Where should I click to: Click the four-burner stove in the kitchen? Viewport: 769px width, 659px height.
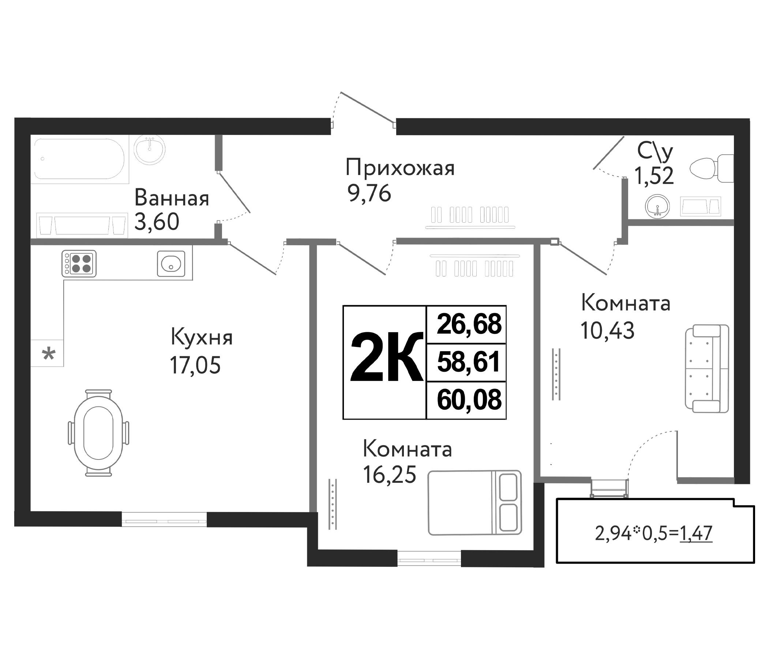click(x=79, y=264)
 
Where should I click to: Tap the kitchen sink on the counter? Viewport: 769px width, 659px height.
click(x=171, y=264)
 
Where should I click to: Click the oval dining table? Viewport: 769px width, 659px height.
click(x=98, y=433)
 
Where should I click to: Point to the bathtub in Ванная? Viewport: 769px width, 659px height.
click(x=79, y=159)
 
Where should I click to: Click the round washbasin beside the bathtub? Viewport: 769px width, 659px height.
click(x=150, y=149)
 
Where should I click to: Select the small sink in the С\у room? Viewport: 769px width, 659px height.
click(x=658, y=206)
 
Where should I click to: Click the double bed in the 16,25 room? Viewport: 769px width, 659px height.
click(x=474, y=503)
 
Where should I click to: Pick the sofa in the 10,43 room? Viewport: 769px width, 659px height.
click(x=706, y=369)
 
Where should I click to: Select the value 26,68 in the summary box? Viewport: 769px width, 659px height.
click(x=469, y=324)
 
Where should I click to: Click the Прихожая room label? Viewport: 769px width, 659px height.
click(x=400, y=168)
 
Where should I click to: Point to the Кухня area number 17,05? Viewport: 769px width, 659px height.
click(x=195, y=365)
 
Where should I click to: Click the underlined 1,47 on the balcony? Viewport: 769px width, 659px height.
click(x=695, y=533)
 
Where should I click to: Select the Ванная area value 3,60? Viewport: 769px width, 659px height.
click(x=157, y=222)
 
